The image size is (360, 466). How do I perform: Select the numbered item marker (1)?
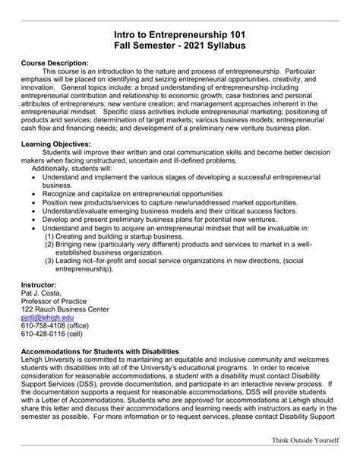[x=49, y=236]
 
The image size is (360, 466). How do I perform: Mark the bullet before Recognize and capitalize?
[x=34, y=194]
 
